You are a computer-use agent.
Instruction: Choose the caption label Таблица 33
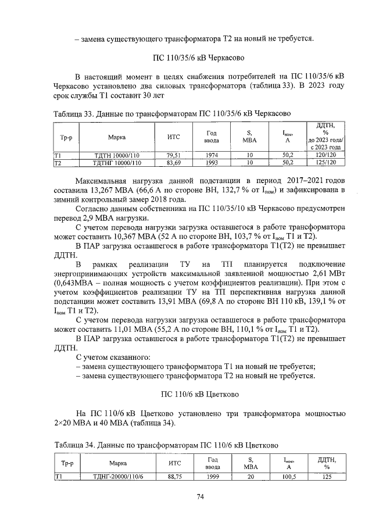click(73, 113)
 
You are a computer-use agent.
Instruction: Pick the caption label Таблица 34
click(73, 446)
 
